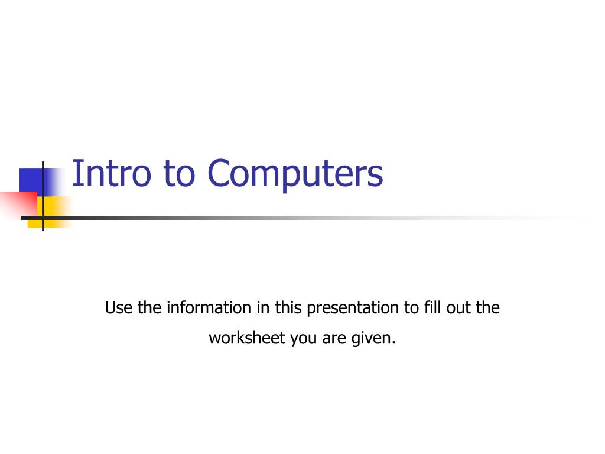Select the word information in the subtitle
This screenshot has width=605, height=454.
tap(207, 308)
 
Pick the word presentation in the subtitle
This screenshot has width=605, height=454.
tap(353, 308)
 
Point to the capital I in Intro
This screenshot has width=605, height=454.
tap(75, 174)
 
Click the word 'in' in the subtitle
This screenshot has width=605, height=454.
tap(262, 308)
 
